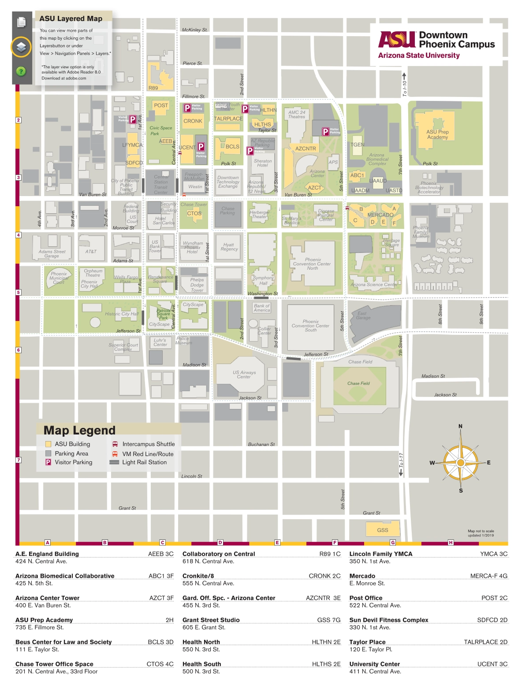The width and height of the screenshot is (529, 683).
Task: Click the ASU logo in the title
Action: pyautogui.click(x=397, y=40)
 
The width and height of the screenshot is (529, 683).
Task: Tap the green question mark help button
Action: pyautogui.click(x=21, y=71)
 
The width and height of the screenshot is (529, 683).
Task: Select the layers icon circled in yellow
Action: pyautogui.click(x=21, y=47)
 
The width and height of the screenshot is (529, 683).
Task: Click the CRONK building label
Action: pyautogui.click(x=193, y=121)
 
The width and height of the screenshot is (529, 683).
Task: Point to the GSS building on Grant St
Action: pyautogui.click(x=383, y=530)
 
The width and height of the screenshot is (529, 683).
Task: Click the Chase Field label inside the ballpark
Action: pyautogui.click(x=358, y=383)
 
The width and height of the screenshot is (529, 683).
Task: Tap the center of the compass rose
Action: pyautogui.click(x=461, y=463)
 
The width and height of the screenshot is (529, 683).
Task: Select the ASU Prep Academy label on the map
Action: pyautogui.click(x=437, y=134)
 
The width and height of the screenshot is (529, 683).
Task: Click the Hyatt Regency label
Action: pyautogui.click(x=229, y=247)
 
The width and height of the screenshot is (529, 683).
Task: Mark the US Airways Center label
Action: pyautogui.click(x=244, y=375)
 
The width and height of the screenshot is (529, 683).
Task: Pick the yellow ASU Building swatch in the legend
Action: pyautogui.click(x=48, y=444)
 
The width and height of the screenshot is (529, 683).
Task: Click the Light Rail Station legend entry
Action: pyautogui.click(x=144, y=462)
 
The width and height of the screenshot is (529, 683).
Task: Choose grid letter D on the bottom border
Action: pyautogui.click(x=220, y=542)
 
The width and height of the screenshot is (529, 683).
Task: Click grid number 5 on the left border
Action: pyautogui.click(x=19, y=292)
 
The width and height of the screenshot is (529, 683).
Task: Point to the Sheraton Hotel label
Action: pyautogui.click(x=263, y=163)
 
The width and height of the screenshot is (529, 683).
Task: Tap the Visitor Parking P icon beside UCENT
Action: pyautogui.click(x=201, y=147)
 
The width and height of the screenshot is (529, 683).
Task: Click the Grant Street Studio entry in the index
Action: pyautogui.click(x=211, y=620)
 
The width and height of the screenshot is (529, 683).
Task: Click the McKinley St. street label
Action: pyautogui.click(x=194, y=30)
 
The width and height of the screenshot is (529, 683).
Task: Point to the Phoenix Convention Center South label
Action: pyautogui.click(x=310, y=326)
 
